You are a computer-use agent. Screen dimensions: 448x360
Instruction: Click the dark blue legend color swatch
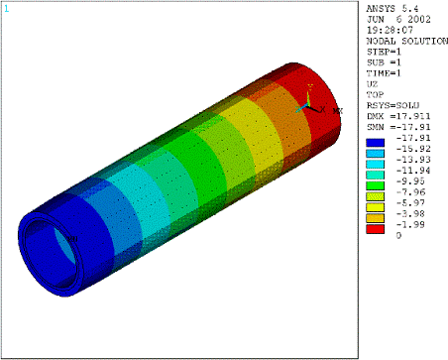point(375,143)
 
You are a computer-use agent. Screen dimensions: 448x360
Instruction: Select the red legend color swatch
point(375,229)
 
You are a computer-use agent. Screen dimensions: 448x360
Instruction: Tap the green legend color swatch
point(375,185)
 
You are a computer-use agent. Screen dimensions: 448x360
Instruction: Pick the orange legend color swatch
point(375,218)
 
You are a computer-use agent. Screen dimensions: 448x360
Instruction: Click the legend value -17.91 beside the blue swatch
point(413,138)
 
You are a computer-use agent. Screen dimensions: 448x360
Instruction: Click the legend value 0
point(398,235)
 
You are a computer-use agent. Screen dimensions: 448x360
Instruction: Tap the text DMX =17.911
point(398,116)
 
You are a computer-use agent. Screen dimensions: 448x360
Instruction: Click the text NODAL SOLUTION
point(407,42)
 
